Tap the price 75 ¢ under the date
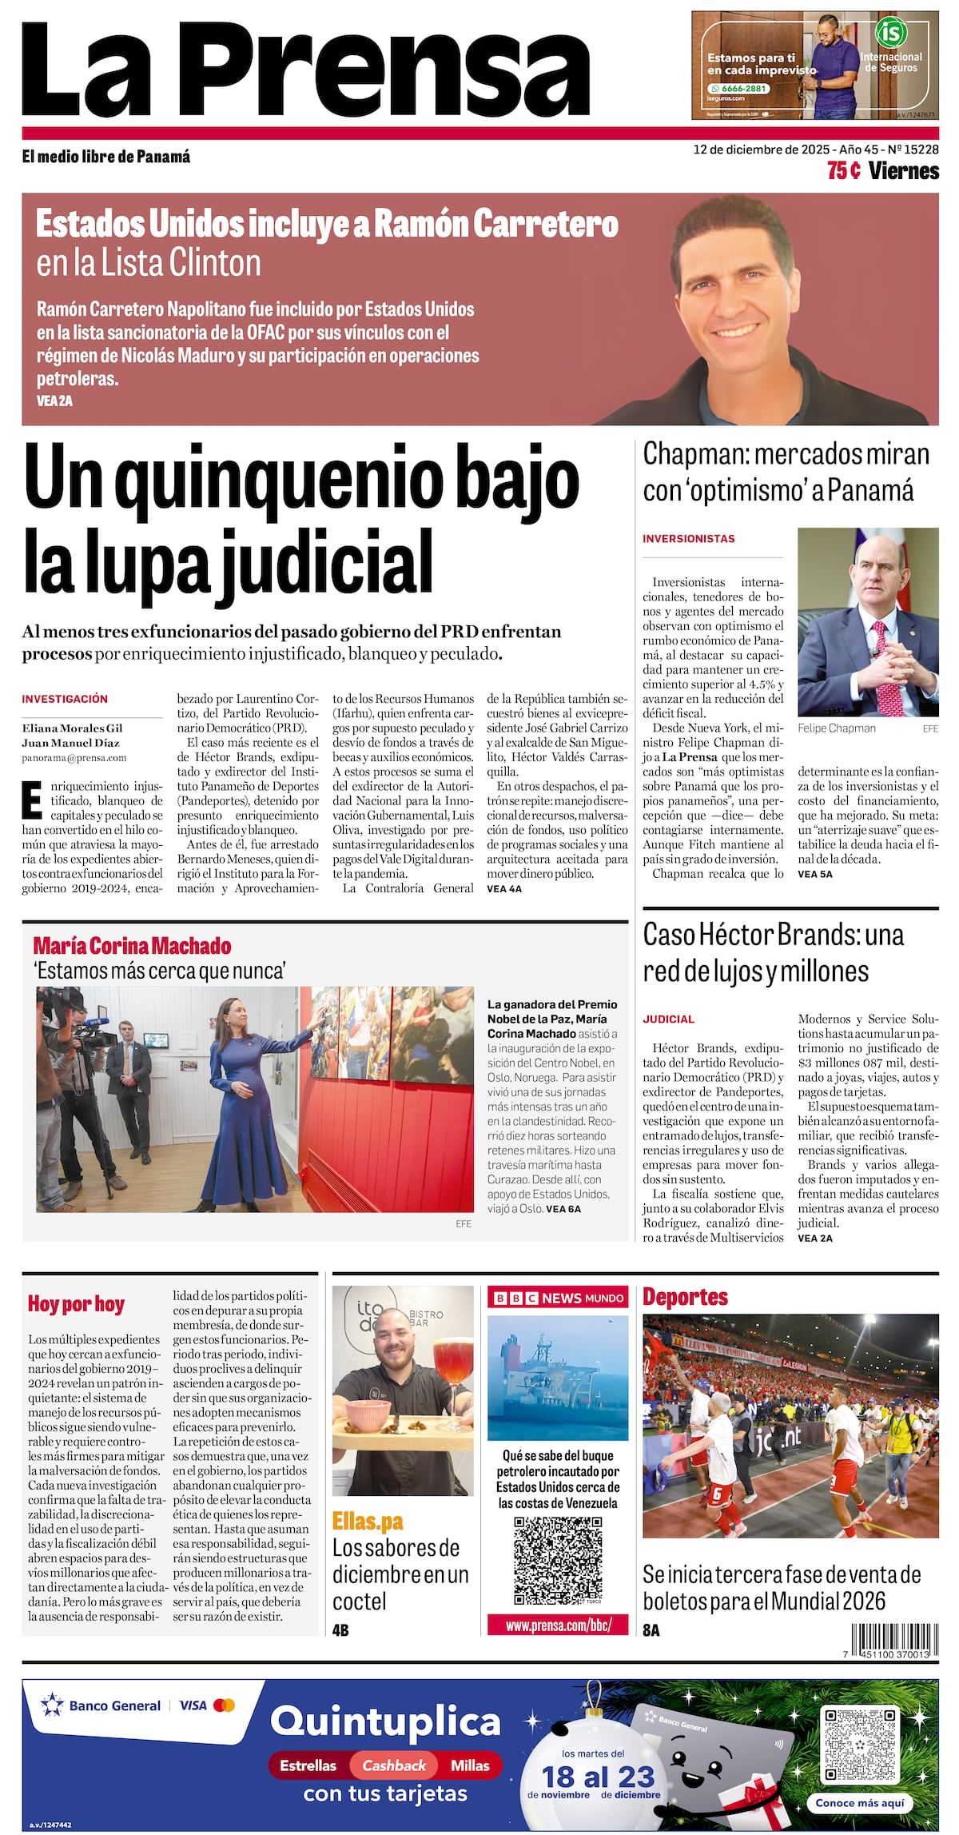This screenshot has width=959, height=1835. pyautogui.click(x=843, y=170)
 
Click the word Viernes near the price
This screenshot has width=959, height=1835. pyautogui.click(x=903, y=170)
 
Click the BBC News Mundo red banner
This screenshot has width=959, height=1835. pyautogui.click(x=558, y=1298)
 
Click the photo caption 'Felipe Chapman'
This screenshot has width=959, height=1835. pyautogui.click(x=836, y=728)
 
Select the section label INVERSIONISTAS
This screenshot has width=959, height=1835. pyautogui.click(x=688, y=539)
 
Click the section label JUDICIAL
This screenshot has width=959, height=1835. pyautogui.click(x=668, y=1019)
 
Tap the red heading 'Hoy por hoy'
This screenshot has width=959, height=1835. pyautogui.click(x=76, y=1304)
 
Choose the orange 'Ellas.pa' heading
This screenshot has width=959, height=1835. pyautogui.click(x=368, y=1521)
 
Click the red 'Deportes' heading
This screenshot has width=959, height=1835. pyautogui.click(x=685, y=1297)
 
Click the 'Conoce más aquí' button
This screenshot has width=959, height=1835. pyautogui.click(x=860, y=1803)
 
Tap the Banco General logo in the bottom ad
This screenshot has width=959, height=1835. pyautogui.click(x=102, y=1705)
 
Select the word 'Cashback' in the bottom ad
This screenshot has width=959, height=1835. pyautogui.click(x=394, y=1765)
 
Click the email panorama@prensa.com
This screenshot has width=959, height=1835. pyautogui.click(x=74, y=757)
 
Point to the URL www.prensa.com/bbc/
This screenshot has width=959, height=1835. pyautogui.click(x=558, y=1626)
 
